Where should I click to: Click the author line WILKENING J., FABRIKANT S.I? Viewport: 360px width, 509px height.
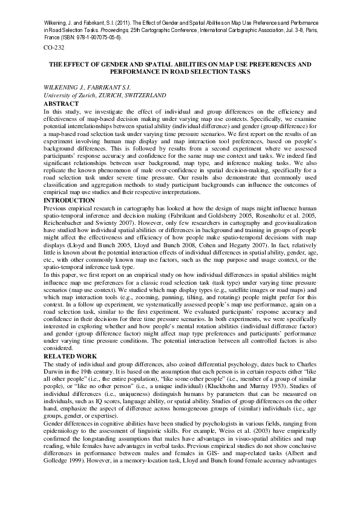tap(90, 88)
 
